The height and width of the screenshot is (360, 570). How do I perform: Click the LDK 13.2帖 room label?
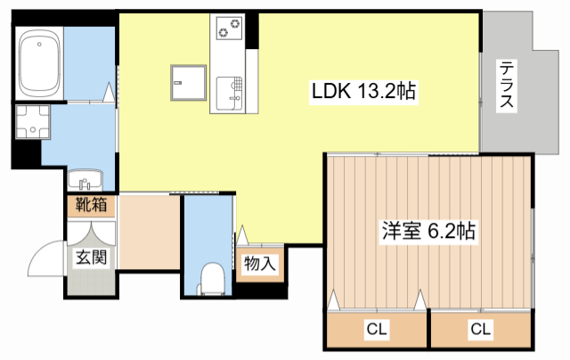tap(363, 91)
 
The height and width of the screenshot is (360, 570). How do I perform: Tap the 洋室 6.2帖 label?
tap(428, 231)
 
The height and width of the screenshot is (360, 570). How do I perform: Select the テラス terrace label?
tap(507, 85)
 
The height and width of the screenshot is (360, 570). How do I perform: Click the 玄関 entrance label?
tap(91, 258)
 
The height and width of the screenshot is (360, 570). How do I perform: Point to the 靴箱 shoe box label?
tap(91, 205)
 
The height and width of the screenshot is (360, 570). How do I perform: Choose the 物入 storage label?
tap(259, 263)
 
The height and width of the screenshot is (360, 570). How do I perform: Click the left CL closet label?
tap(377, 329)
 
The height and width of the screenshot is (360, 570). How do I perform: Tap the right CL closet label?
tap(481, 329)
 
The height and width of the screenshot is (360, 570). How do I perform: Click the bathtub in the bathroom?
tap(39, 63)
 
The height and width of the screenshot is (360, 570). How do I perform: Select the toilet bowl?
tap(212, 278)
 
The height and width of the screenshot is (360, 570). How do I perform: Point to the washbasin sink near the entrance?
tap(85, 180)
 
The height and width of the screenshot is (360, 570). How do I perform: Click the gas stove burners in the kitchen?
tap(229, 29)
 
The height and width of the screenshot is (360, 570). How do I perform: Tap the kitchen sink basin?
tap(229, 94)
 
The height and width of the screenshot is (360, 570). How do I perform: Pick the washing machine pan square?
tap(33, 122)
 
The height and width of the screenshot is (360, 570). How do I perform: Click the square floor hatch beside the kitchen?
tap(188, 83)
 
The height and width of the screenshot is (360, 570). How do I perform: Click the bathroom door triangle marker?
tap(109, 93)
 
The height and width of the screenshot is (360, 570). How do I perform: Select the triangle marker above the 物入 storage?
tap(242, 235)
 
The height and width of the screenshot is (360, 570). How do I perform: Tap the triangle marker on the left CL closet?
tap(334, 300)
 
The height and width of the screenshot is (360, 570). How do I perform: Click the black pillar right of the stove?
tap(252, 31)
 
